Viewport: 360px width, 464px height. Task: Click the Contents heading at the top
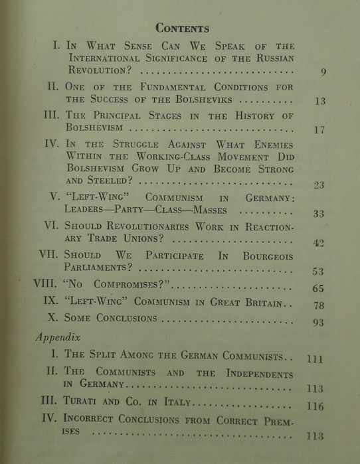click(x=182, y=29)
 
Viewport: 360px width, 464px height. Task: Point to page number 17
click(x=319, y=130)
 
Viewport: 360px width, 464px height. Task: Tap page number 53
click(x=317, y=271)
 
